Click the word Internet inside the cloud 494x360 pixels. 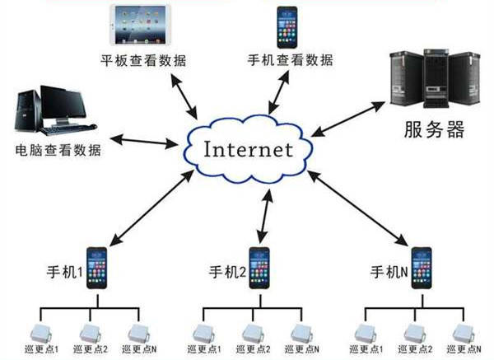pyautogui.click(x=248, y=151)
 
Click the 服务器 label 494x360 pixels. pyautogui.click(x=433, y=129)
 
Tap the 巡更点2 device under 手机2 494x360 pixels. pyautogui.click(x=252, y=334)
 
